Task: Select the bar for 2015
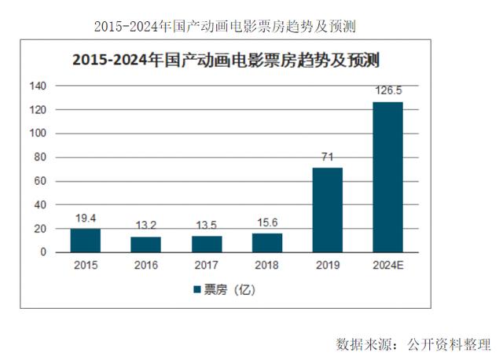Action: pos(85,241)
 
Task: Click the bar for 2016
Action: pos(145,244)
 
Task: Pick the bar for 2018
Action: pos(266,243)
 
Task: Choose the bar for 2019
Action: pos(327,210)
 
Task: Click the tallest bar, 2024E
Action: pos(387,177)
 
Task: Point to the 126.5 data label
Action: pos(387,93)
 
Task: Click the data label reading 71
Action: pos(327,158)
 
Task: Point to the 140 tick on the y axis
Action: pos(39,86)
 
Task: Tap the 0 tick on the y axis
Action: pos(44,252)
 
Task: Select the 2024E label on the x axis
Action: pos(387,266)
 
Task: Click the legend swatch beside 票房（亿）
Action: pos(196,289)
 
